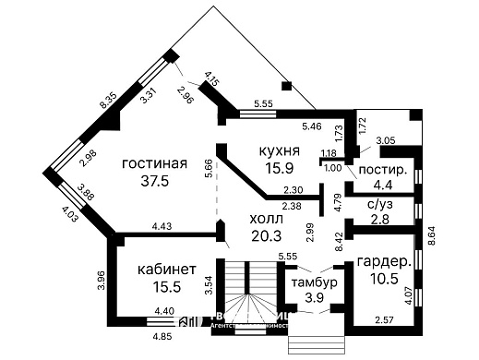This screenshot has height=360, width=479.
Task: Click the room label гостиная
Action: tap(148, 162)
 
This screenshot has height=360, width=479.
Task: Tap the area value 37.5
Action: tap(148, 182)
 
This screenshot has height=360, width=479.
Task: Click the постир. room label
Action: tap(382, 171)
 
